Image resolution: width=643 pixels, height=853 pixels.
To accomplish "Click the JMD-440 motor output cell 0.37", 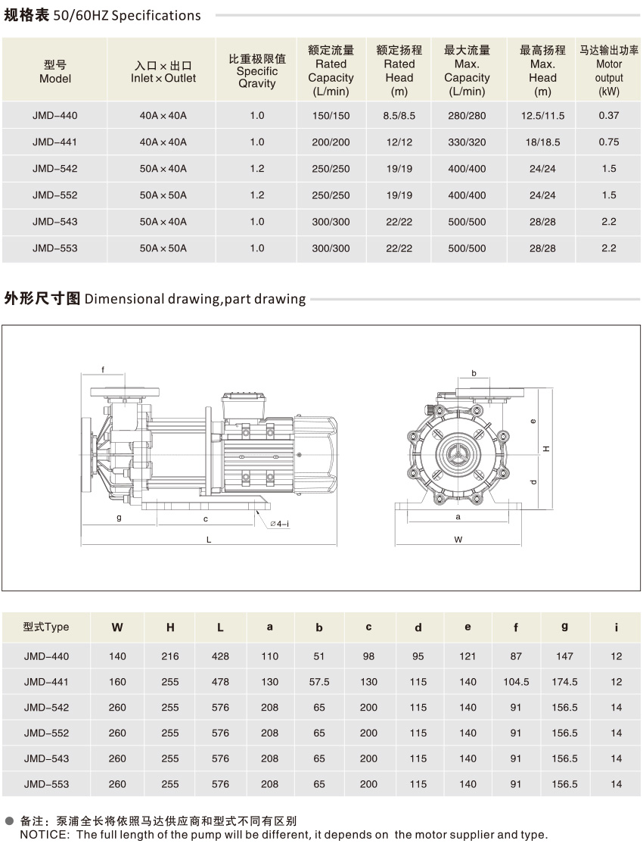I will [x=608, y=116].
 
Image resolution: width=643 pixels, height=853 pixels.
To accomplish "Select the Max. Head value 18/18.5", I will [x=542, y=142].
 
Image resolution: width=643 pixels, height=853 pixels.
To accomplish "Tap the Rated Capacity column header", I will [x=331, y=71].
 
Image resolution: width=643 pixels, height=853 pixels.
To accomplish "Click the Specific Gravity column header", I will [x=257, y=71].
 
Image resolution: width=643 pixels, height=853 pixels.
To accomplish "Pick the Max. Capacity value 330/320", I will [x=467, y=142].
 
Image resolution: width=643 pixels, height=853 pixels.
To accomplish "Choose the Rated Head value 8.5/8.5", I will [x=399, y=116].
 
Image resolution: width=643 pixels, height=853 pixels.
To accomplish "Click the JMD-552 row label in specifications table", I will [x=55, y=195].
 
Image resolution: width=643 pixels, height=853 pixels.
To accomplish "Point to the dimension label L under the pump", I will [x=208, y=539].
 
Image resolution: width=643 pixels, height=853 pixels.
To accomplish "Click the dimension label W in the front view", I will [x=458, y=539].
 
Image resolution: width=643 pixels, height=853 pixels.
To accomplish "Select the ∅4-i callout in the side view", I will [x=279, y=523].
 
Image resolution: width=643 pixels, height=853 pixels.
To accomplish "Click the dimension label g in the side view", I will [x=119, y=518].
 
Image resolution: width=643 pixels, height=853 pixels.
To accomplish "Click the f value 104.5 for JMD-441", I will [x=516, y=682].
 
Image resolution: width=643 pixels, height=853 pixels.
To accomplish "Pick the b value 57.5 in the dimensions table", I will [x=319, y=682].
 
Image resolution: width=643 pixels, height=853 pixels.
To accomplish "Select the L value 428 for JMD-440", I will [x=220, y=656].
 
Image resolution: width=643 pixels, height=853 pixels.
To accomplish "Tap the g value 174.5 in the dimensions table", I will [x=564, y=682].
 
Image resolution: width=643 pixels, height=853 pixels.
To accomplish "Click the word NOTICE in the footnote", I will [x=44, y=835].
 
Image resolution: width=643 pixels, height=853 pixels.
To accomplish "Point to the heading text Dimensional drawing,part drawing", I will [x=195, y=299].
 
